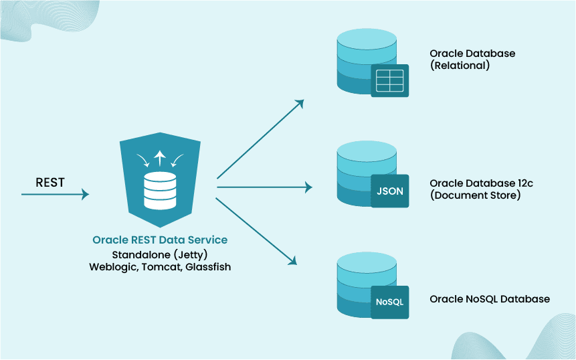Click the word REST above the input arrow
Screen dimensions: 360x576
[50, 182]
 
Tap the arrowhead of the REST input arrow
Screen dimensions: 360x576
[85, 194]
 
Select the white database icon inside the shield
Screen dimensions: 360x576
[160, 191]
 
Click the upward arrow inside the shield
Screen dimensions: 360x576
[159, 158]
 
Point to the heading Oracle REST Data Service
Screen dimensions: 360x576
[160, 240]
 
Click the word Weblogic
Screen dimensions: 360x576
[112, 266]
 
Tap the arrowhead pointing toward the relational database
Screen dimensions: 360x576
[300, 103]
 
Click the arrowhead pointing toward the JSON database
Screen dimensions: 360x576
[308, 187]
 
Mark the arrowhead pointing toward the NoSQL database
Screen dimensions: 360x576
[293, 261]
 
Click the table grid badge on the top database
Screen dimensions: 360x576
[390, 80]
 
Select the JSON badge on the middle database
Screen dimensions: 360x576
[390, 191]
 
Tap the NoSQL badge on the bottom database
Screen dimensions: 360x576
[390, 302]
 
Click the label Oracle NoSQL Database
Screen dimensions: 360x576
[490, 299]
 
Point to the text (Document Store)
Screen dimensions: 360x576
[475, 195]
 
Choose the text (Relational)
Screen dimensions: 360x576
[460, 66]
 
